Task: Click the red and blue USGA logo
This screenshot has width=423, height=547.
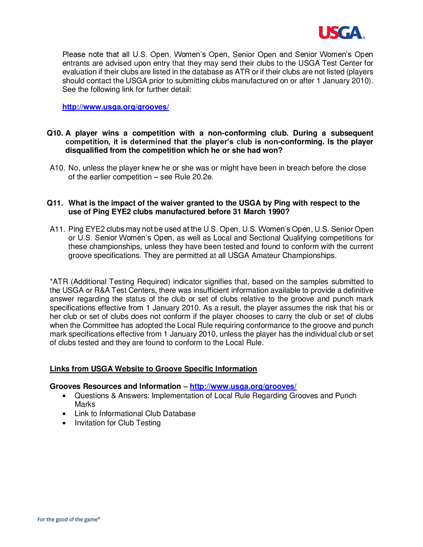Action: tap(342, 33)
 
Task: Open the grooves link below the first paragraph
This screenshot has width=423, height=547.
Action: tap(115, 107)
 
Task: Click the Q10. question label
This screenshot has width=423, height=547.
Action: tap(55, 133)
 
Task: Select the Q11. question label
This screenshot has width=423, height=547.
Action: tap(55, 203)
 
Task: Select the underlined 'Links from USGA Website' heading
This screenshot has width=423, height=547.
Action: tap(153, 369)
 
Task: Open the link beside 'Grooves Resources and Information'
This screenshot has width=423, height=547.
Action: tap(243, 386)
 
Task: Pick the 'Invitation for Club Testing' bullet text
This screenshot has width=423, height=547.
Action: tap(118, 423)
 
